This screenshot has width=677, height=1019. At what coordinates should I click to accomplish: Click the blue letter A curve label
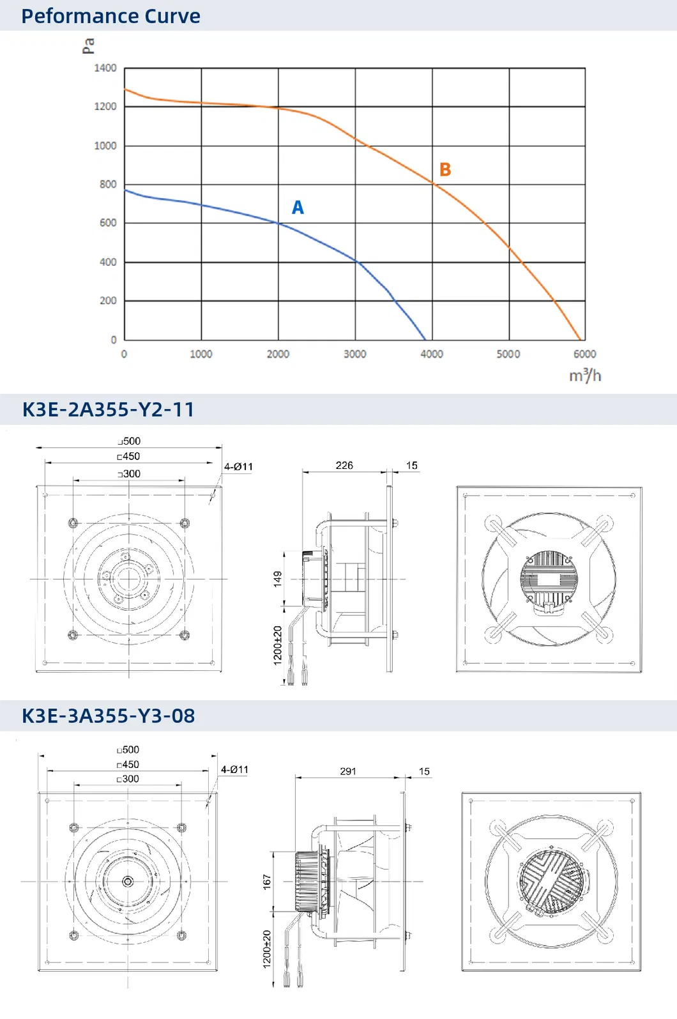tap(298, 208)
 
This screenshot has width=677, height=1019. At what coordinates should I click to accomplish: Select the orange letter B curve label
tap(445, 170)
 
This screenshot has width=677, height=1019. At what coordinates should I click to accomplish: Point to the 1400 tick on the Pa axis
tap(105, 68)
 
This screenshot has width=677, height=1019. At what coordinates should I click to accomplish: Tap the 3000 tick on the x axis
tap(354, 354)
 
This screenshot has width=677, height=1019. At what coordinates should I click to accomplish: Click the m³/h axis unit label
tap(585, 375)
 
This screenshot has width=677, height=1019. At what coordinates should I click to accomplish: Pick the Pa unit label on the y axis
tap(88, 46)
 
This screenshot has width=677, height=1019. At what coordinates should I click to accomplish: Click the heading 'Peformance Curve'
tap(110, 16)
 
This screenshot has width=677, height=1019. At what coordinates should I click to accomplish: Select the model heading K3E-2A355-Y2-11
tap(108, 410)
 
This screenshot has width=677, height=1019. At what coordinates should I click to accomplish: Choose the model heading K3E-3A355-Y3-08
tap(108, 716)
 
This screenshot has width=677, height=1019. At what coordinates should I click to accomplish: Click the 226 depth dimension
tap(344, 465)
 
